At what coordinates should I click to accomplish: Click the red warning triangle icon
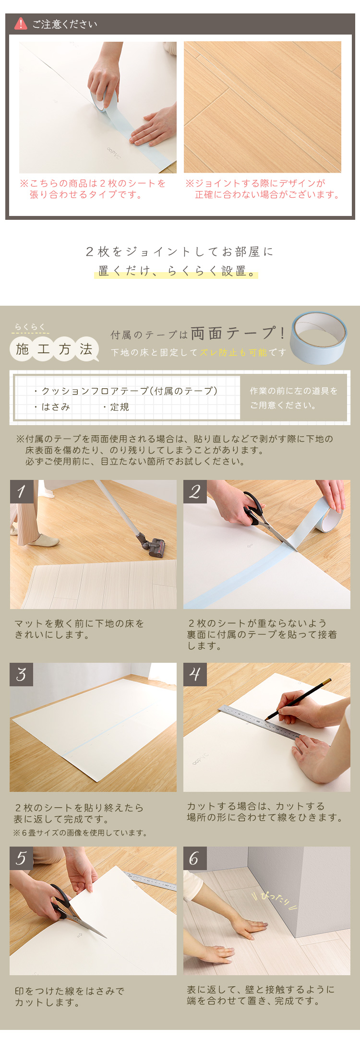coord(20,24)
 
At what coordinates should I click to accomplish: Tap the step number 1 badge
coord(22,491)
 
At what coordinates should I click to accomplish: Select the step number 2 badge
coord(195,491)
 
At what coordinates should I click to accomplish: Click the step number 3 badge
coord(22,674)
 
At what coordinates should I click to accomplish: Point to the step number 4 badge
coord(195,674)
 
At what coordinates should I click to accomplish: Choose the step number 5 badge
coord(22,858)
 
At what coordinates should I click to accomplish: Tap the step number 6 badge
coord(195,858)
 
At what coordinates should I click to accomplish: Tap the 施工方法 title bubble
coord(54,349)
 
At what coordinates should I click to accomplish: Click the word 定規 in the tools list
coord(120,407)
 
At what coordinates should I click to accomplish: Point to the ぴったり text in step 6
coord(276,899)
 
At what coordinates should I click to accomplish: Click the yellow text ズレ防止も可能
coord(233,353)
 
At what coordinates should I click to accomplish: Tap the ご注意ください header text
coord(65,24)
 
